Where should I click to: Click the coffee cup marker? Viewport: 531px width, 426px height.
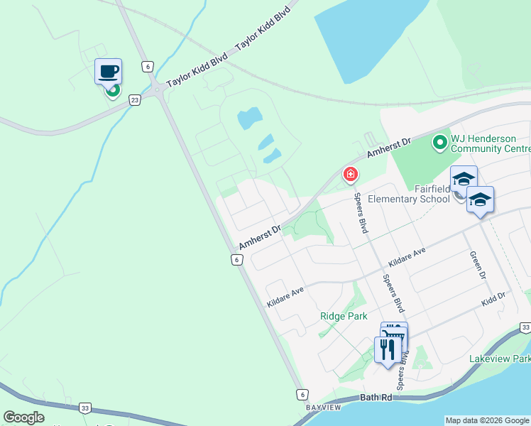click(x=108, y=71)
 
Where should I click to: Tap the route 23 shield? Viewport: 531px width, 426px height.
click(x=135, y=101)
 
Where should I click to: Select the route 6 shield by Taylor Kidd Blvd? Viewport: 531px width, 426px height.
click(x=147, y=66)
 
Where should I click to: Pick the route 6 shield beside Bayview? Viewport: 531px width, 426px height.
click(x=302, y=393)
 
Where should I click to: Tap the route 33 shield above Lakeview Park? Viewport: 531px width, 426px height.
click(x=525, y=327)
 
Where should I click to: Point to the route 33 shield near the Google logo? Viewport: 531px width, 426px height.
click(x=85, y=408)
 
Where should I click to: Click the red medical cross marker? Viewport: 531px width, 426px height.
click(x=350, y=174)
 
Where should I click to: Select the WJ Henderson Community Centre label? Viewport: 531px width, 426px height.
click(x=490, y=143)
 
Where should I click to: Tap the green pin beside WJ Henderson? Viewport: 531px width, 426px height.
click(x=439, y=143)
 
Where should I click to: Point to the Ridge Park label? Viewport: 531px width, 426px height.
click(x=344, y=316)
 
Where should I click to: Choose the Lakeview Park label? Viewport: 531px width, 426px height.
click(x=499, y=359)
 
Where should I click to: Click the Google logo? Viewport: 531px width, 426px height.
click(x=23, y=417)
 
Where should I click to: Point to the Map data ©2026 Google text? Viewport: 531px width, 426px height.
click(x=488, y=420)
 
